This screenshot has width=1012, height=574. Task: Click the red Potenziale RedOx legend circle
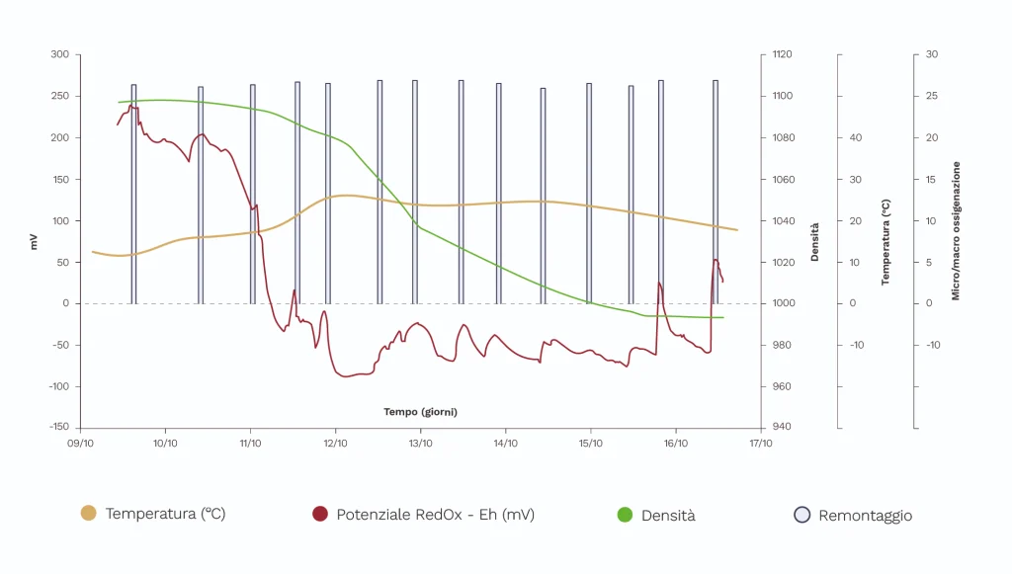pos(319,514)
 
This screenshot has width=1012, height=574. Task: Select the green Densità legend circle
pos(624,514)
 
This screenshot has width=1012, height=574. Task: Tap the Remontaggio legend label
pos(865,515)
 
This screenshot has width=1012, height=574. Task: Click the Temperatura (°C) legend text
pos(165,514)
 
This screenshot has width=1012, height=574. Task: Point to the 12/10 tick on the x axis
pos(335,444)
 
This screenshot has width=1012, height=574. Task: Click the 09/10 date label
pos(80,444)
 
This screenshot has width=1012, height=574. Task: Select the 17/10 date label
pos(760,444)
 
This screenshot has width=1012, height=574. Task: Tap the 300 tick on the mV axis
pos(59,54)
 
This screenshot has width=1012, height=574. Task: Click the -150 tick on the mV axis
pos(57,428)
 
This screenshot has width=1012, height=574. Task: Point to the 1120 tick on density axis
pos(783,54)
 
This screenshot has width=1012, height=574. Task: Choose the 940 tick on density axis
pos(781,428)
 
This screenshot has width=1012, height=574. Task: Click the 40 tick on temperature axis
pos(856,137)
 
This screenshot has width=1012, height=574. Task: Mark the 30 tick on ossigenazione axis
pos(931,54)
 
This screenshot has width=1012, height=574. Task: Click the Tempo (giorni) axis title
pos(420,411)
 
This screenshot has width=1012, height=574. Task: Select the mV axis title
pos(34,241)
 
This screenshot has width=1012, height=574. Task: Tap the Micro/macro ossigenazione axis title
pos(956,231)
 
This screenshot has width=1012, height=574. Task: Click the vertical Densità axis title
pos(815,241)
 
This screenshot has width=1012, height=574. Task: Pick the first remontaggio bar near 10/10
pos(133,193)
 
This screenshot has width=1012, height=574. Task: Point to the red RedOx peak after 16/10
pos(716,260)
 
